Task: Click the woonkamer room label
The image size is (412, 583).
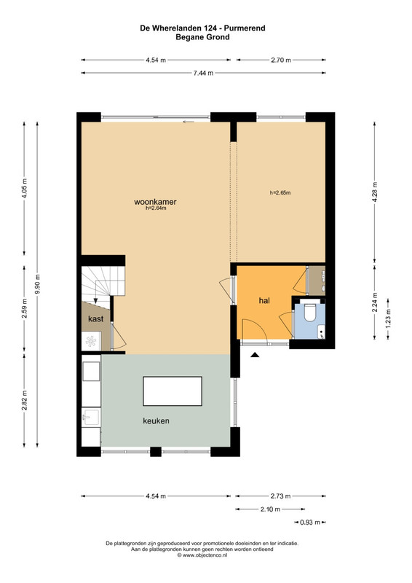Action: pos(155,202)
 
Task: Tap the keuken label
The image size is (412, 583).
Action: pos(156,421)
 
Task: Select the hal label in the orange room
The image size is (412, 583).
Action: pos(264,300)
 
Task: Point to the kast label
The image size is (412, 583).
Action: pos(95,318)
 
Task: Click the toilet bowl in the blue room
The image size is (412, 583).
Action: pos(309,313)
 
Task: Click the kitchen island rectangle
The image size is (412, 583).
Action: pos(173,391)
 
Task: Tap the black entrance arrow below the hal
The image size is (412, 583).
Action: pos(255,355)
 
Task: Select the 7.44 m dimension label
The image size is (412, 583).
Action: pos(203,74)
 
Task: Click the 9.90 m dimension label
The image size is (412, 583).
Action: pos(37,283)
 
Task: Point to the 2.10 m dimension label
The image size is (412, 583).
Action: pos(270,509)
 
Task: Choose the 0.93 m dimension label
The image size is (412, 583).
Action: pos(310,523)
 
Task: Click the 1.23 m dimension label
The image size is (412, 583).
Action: pos(388,318)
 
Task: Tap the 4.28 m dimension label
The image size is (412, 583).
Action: pos(374,192)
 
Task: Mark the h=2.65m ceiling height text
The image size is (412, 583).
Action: pos(280,192)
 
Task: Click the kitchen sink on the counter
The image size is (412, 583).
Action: pos(91,417)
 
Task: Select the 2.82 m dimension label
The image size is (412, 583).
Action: pos(24,400)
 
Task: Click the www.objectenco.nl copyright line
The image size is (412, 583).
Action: pos(202,555)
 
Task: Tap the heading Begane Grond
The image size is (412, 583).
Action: pos(202,37)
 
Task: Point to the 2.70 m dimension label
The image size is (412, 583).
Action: pos(281,60)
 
